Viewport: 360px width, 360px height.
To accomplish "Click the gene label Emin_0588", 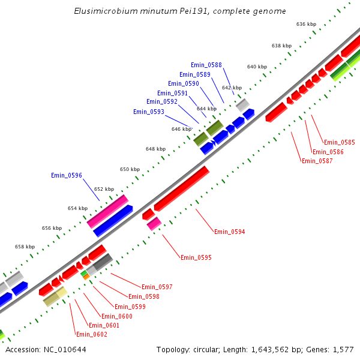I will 206,65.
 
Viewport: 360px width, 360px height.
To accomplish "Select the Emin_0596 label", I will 66,176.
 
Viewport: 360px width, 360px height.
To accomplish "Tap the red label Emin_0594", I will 229,232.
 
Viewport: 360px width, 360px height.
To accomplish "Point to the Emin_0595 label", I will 196,257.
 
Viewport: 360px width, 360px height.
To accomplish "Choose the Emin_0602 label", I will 91,334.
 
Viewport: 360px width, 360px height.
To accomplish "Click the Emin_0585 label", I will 339,143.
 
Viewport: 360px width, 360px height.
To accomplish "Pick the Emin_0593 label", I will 148,112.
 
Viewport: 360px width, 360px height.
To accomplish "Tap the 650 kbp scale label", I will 130,169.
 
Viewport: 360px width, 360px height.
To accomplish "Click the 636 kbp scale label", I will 306,24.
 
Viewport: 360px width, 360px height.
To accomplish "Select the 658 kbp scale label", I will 25,247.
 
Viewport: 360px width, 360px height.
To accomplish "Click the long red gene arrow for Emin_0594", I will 182,189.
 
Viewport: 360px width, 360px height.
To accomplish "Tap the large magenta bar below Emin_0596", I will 108,211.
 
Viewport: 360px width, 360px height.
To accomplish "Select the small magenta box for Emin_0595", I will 154,224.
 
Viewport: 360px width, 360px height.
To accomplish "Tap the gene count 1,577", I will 344,349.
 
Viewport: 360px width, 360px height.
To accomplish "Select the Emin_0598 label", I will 144,296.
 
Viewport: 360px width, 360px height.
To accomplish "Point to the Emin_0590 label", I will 183,84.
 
